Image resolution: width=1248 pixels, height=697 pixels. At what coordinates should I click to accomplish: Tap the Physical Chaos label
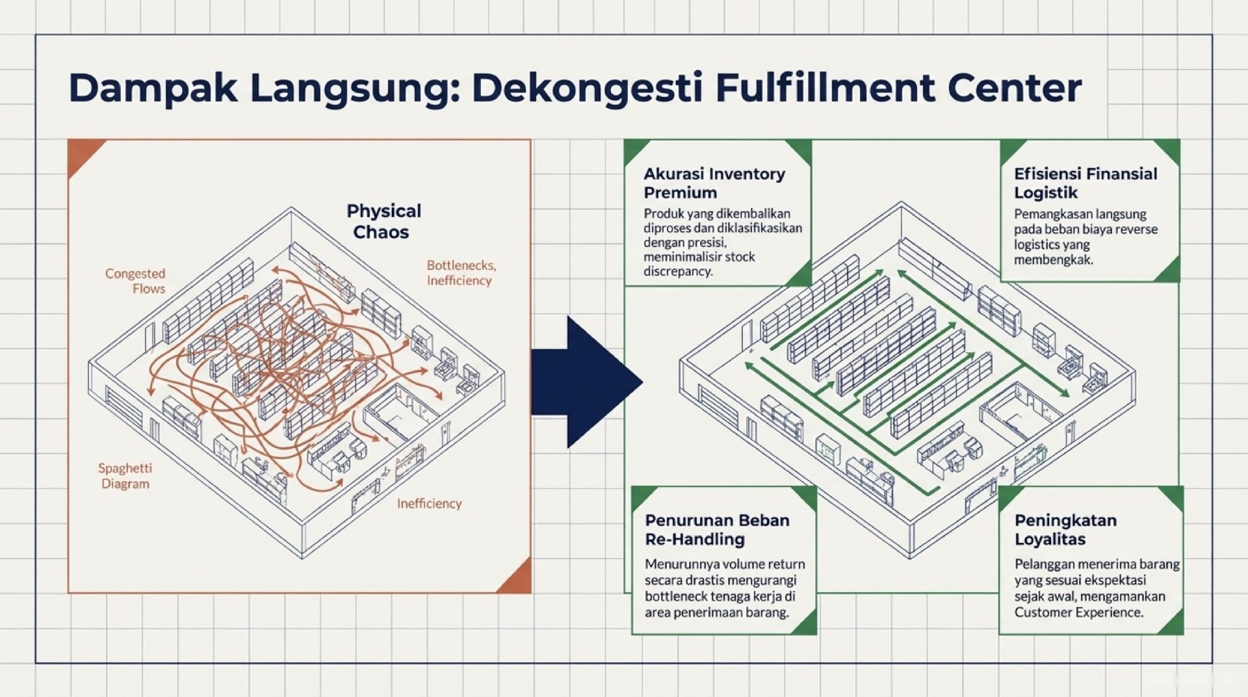[x=383, y=221]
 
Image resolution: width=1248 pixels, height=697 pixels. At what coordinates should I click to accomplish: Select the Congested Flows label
[x=135, y=281]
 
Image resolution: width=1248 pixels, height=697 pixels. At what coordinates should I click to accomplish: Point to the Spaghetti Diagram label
[x=125, y=475]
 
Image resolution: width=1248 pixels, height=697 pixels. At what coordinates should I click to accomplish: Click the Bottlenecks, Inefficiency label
[x=461, y=272]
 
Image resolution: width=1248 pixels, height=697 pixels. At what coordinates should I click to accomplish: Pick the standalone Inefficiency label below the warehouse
[x=429, y=503]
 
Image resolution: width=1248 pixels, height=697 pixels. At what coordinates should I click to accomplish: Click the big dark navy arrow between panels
[x=585, y=382]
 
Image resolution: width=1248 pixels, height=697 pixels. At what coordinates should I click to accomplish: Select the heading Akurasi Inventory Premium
[x=714, y=183]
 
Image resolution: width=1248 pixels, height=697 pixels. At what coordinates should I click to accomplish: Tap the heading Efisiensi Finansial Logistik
[x=1085, y=183]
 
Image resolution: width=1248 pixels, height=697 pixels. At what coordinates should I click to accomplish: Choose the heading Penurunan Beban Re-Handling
[x=716, y=529]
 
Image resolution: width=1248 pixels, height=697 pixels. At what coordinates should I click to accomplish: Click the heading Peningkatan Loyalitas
[x=1065, y=529]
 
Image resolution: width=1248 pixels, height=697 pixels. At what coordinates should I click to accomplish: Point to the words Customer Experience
[x=1078, y=612]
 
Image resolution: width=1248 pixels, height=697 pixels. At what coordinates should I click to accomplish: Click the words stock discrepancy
[x=699, y=264]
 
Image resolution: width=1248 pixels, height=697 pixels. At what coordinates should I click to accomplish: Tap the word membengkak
[x=1053, y=260]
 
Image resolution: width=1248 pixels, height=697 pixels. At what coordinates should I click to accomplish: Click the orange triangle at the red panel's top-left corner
[x=82, y=154]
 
